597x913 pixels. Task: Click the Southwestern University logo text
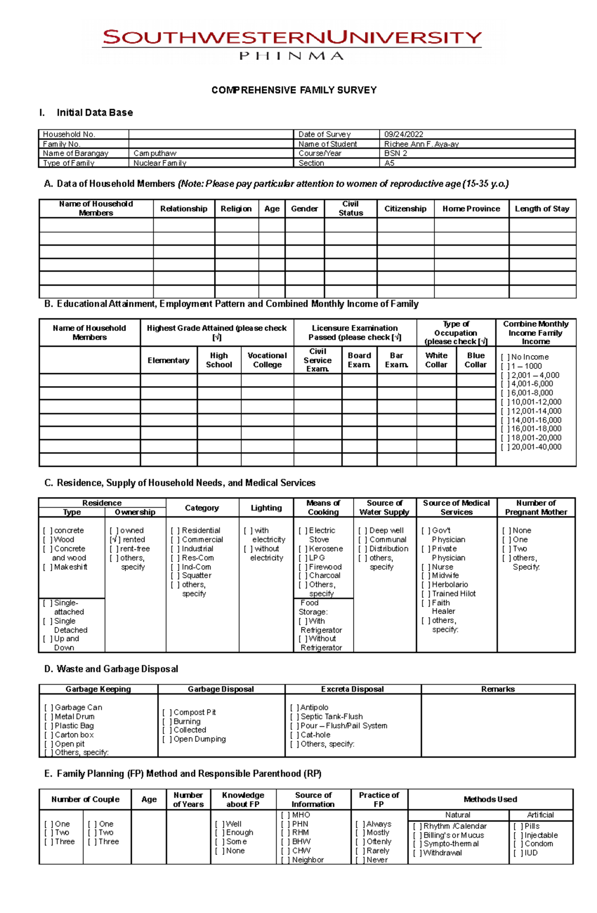[292, 38]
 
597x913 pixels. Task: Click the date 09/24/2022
[403, 134]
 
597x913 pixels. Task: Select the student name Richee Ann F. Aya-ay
[421, 144]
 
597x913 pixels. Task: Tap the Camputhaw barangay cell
[155, 154]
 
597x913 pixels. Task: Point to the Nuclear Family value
[160, 163]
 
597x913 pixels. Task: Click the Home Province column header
[471, 209]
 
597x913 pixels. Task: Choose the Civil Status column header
[350, 208]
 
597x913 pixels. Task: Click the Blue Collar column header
[476, 360]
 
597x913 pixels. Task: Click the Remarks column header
[497, 690]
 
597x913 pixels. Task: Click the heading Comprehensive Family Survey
[294, 91]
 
